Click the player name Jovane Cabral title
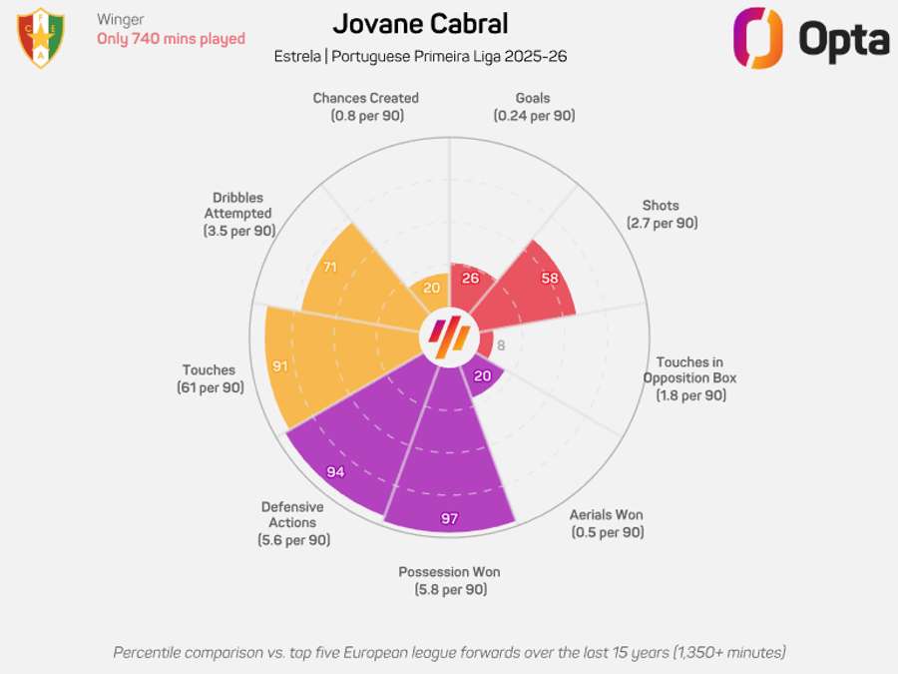[420, 24]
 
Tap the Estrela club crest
[41, 37]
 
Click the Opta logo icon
[757, 38]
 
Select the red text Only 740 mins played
[171, 39]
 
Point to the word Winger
[121, 19]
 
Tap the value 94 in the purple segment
[335, 471]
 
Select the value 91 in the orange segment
[280, 366]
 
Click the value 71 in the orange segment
[330, 268]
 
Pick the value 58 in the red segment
[549, 278]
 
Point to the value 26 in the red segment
[471, 278]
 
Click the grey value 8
[501, 345]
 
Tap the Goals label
[533, 98]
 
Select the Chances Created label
[365, 98]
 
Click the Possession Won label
[449, 572]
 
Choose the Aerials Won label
[607, 515]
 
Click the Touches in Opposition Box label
[689, 369]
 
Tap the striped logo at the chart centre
[448, 337]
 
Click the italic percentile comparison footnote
[449, 652]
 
